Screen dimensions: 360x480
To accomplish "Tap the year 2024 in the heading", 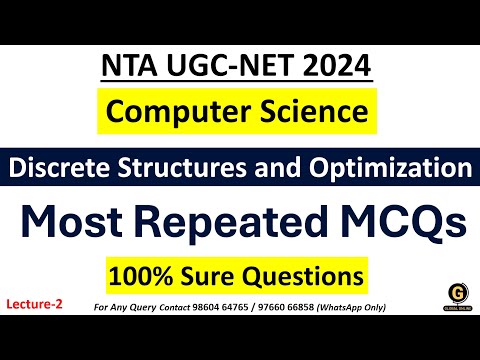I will point(335,67).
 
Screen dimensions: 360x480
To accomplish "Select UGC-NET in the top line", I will point(228,67).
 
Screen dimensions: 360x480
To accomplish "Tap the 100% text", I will point(137,272).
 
